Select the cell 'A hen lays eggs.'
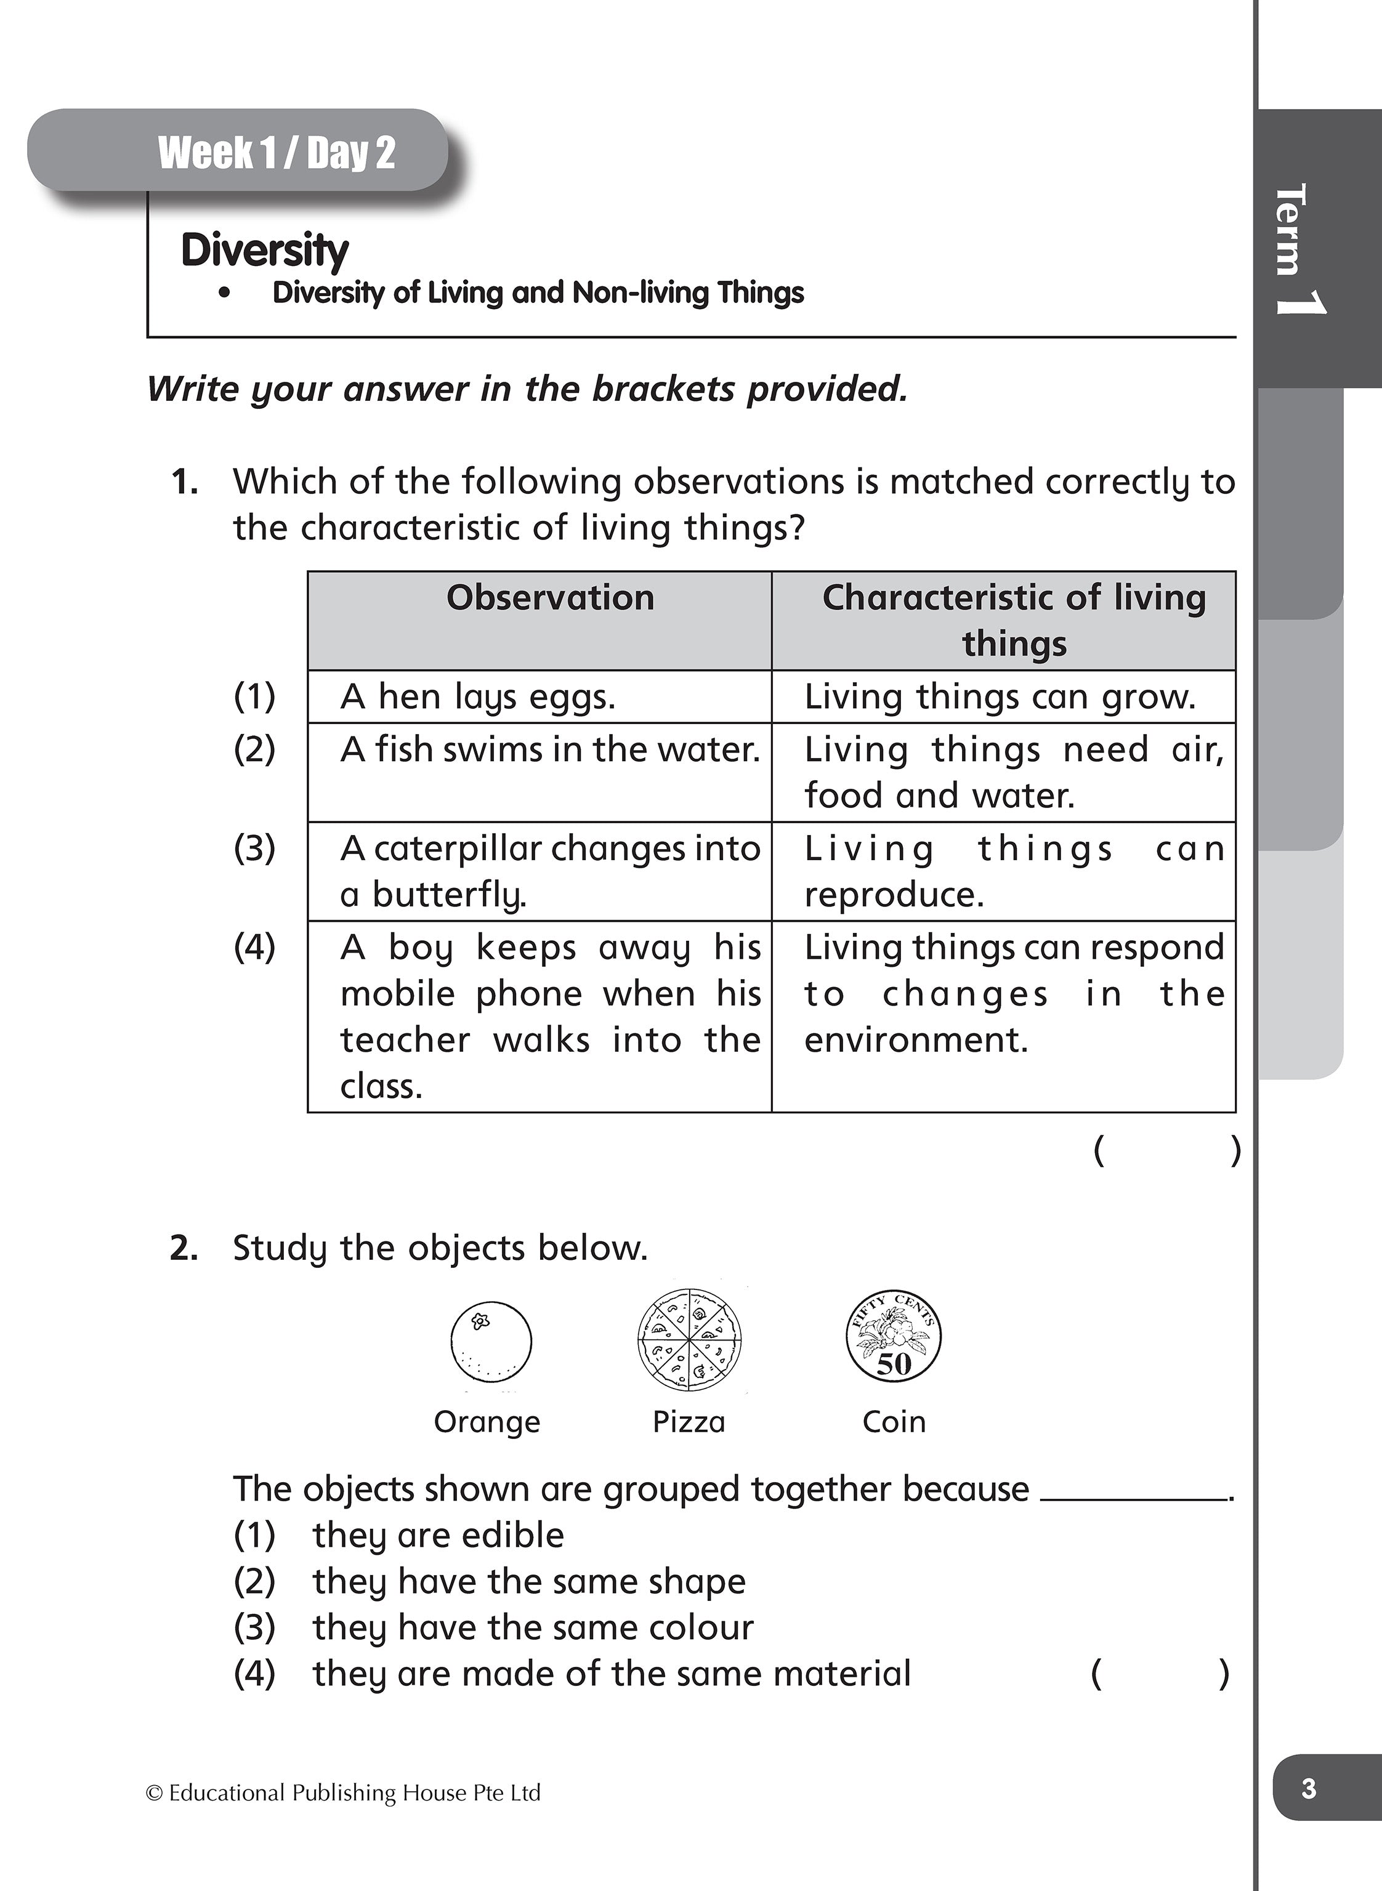coord(478,696)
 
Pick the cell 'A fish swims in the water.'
coord(549,749)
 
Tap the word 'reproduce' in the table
coord(894,895)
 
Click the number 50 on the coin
coord(894,1364)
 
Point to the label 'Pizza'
coord(689,1422)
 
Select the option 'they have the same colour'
coord(533,1627)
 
